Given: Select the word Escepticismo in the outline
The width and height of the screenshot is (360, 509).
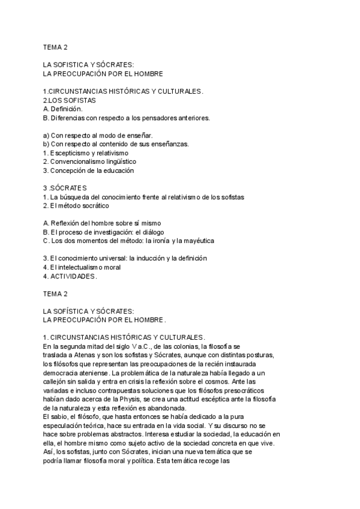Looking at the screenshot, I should coord(70,153).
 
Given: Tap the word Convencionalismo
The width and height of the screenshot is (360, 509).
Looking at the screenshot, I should coord(77,161).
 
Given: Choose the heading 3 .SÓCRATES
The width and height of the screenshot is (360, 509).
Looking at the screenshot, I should coord(65,188).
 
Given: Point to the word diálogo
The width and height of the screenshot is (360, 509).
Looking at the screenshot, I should coord(150,232).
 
